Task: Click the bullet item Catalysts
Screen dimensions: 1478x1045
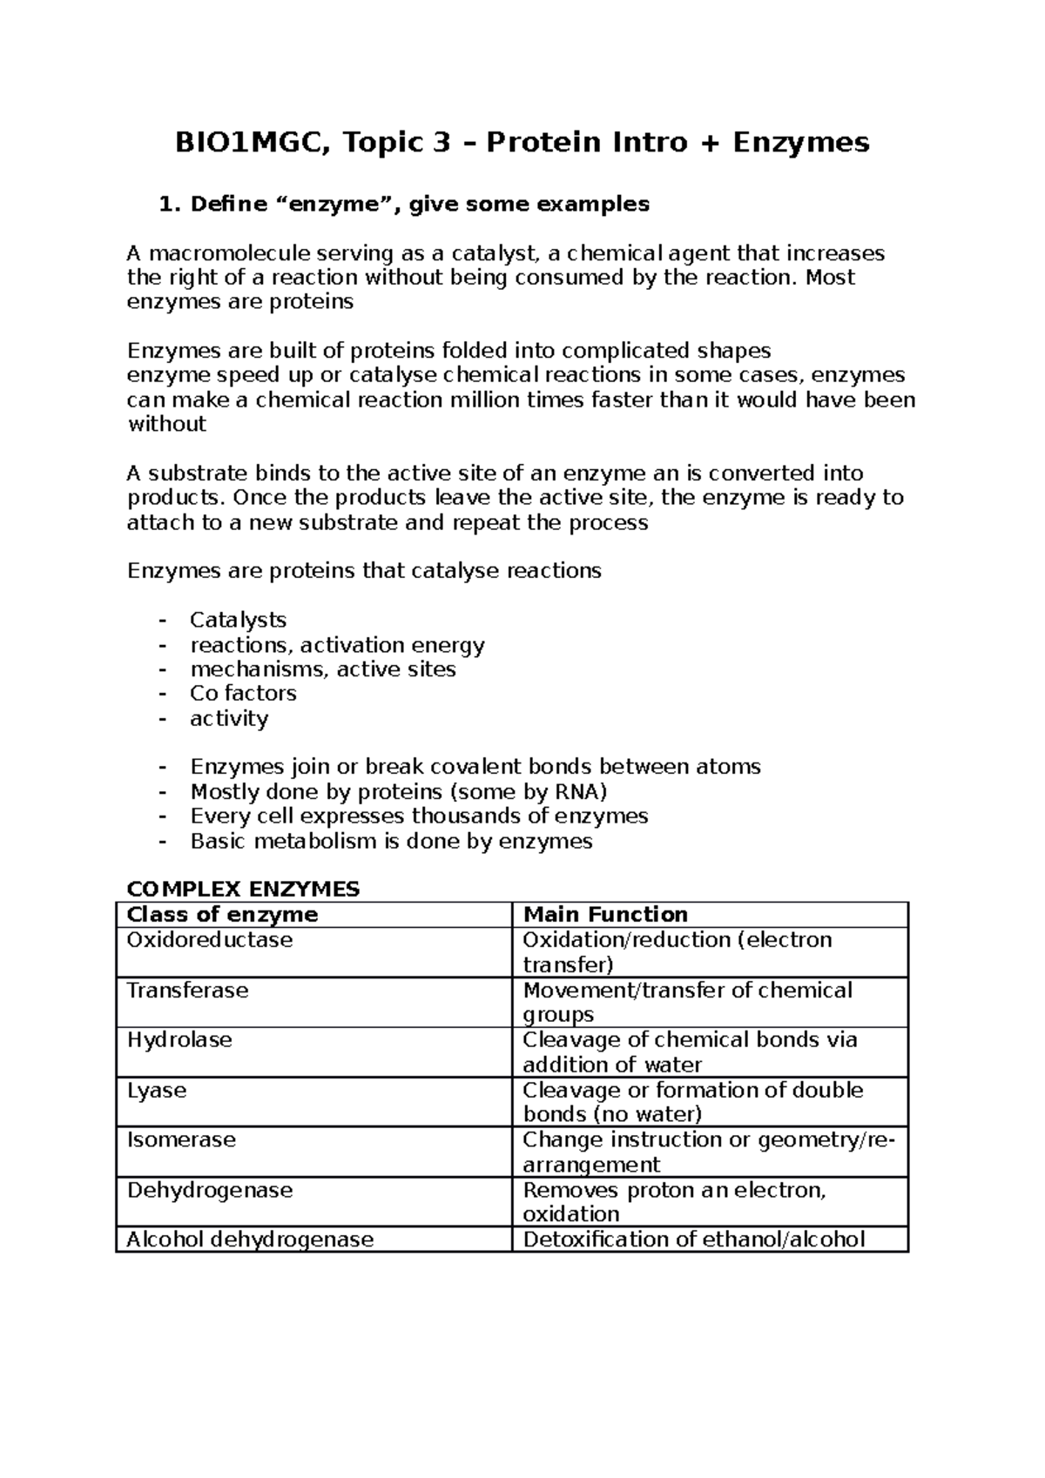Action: click(238, 620)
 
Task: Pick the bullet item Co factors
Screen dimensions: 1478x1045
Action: click(243, 693)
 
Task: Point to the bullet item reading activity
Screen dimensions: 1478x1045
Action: click(229, 718)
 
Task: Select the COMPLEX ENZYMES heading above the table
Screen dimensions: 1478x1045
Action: click(243, 889)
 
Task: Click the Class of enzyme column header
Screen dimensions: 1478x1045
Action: click(223, 914)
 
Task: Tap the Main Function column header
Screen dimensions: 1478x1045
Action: click(605, 914)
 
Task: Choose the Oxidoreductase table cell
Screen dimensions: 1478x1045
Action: click(210, 940)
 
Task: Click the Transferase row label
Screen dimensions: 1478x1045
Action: click(188, 991)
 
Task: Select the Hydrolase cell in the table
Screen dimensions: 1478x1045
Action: click(179, 1040)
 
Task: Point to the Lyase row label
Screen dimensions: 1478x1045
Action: click(157, 1091)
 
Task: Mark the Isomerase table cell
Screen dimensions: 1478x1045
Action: click(181, 1140)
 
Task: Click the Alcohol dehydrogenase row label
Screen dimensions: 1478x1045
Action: click(250, 1240)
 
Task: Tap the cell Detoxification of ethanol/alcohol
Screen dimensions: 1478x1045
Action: click(693, 1240)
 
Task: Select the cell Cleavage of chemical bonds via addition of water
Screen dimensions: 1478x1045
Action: click(689, 1052)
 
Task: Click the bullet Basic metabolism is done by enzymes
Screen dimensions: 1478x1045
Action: click(391, 841)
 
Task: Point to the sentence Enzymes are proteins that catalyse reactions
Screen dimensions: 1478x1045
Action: click(364, 571)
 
